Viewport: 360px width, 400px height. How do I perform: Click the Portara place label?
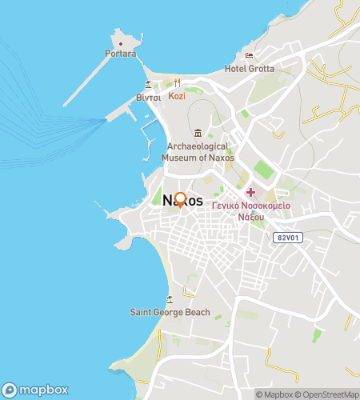[x=120, y=54]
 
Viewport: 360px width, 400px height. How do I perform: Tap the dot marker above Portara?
[x=120, y=42]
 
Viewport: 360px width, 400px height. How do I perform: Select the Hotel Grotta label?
[x=249, y=68]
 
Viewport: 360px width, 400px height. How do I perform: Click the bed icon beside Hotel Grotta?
[x=249, y=56]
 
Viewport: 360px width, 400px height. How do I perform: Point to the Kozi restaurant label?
[x=177, y=95]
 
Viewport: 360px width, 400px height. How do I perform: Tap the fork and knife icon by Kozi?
[x=177, y=82]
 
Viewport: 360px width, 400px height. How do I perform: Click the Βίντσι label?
[x=148, y=97]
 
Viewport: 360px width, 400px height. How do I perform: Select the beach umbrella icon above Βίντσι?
[x=148, y=84]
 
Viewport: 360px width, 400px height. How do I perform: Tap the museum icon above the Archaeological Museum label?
[x=198, y=132]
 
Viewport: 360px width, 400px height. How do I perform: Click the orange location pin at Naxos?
[x=181, y=200]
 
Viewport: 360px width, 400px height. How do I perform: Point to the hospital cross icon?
[x=250, y=192]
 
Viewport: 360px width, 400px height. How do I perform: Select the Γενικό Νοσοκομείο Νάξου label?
[x=250, y=210]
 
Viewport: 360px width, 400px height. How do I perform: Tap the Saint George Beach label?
[x=170, y=312]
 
